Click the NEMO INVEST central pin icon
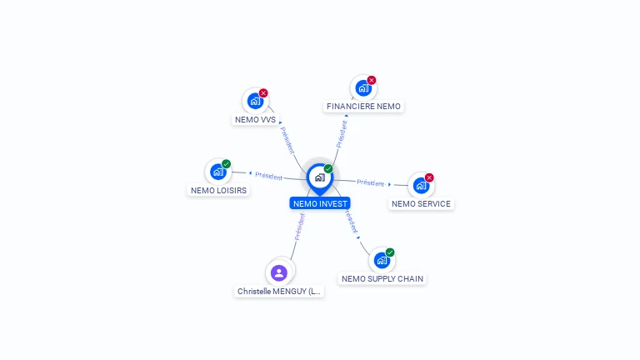[x=320, y=178]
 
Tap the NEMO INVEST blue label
[x=320, y=203]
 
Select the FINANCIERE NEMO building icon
[x=362, y=88]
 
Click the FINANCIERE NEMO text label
[x=363, y=106]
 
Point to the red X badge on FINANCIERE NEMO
[x=372, y=80]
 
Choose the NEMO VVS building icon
[x=255, y=101]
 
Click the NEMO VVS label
[x=255, y=120]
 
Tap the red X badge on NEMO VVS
[x=263, y=93]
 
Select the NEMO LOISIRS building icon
[x=218, y=172]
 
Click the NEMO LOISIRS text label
[x=218, y=190]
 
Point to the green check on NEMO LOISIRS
[x=227, y=164]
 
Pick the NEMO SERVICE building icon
[x=421, y=185]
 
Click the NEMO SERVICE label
[x=421, y=203]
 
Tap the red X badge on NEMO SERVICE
[x=429, y=177]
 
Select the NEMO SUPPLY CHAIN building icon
[x=382, y=260]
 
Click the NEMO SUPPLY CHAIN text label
[x=382, y=279]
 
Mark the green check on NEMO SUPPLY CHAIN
[x=390, y=252]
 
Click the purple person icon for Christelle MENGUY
[x=279, y=273]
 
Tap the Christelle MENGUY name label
[x=279, y=292]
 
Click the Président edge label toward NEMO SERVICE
[x=371, y=182]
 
